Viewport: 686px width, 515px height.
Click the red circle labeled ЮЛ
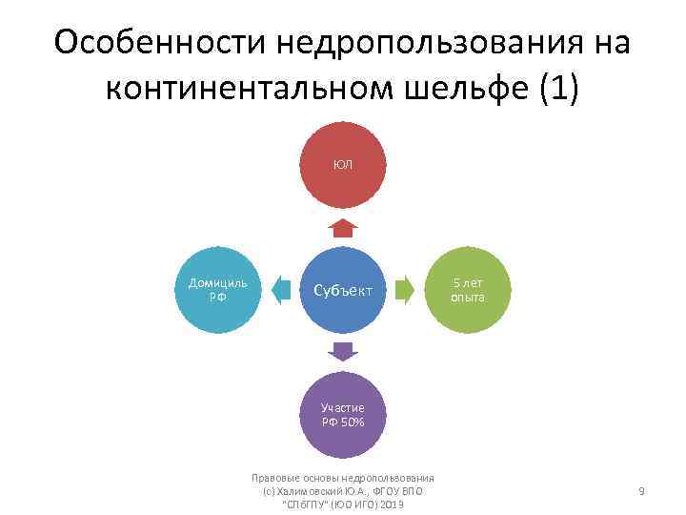click(x=343, y=165)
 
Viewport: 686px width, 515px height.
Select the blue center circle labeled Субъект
click(x=343, y=289)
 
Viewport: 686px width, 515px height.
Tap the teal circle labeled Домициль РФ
click(x=218, y=289)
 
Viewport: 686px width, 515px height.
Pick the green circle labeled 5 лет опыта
click(x=468, y=289)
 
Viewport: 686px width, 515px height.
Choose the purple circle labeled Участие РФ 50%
click(x=343, y=414)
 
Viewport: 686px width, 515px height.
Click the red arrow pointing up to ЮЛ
click(x=343, y=227)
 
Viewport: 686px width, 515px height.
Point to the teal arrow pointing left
click(x=281, y=289)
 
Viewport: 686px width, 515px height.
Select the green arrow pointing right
click(x=405, y=289)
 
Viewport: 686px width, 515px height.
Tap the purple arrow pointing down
click(x=343, y=351)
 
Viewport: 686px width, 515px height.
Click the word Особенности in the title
click(x=162, y=44)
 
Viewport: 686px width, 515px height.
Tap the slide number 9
click(x=641, y=491)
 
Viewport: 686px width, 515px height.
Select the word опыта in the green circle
click(x=468, y=297)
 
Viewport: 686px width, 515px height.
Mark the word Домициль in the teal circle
click(x=218, y=282)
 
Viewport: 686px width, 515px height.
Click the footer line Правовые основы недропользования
click(x=343, y=479)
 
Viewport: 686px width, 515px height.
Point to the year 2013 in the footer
click(x=390, y=504)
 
